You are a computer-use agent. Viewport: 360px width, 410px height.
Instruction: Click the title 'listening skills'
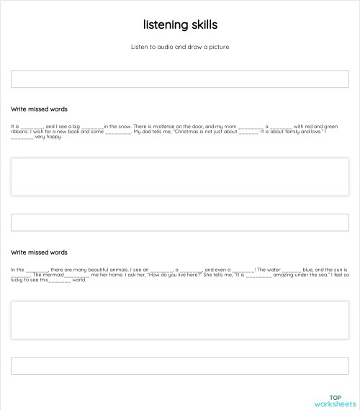tap(180, 25)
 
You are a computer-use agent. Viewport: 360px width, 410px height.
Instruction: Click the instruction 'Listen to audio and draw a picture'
tap(180, 47)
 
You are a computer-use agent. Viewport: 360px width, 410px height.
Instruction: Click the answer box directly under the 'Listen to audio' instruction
tap(180, 79)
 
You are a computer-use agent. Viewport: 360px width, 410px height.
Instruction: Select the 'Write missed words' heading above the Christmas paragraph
tap(39, 109)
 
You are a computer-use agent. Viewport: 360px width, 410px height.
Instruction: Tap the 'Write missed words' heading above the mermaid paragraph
tap(39, 252)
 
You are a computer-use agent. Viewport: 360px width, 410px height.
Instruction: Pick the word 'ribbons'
tap(19, 132)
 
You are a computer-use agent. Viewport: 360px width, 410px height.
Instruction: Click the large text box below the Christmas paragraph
tap(180, 176)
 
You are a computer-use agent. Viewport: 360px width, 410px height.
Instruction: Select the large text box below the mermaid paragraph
tap(180, 319)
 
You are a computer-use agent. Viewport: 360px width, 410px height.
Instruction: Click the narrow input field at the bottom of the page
tap(180, 365)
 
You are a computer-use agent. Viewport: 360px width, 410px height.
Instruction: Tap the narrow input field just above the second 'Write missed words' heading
tap(180, 222)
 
